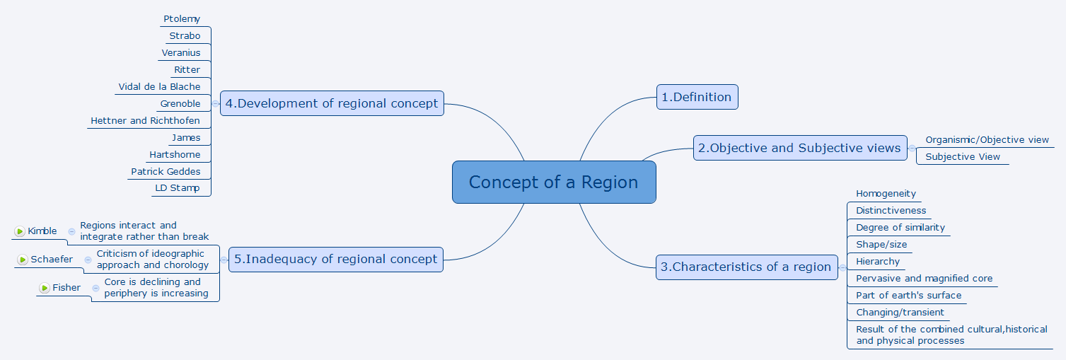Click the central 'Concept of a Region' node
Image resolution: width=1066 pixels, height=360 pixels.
coord(554,182)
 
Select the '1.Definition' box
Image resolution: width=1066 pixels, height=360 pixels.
coord(697,97)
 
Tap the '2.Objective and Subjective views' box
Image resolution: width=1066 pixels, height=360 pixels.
coord(800,148)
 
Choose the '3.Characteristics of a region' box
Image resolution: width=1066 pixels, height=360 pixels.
coord(747,267)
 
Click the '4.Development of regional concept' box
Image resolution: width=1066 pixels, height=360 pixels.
coord(332,103)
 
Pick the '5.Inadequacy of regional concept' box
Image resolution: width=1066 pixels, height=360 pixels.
coord(335,259)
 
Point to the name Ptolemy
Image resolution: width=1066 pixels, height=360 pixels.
coord(181,19)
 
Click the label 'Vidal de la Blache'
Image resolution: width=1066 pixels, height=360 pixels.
coord(159,86)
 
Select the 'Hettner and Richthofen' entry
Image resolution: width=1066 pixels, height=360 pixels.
coord(145,121)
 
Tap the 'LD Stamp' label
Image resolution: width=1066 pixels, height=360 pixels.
coord(177,188)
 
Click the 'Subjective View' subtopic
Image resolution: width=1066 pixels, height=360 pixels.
coord(962,157)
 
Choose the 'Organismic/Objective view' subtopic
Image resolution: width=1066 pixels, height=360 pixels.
coord(987,140)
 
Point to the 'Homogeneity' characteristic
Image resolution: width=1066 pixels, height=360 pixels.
coord(886,194)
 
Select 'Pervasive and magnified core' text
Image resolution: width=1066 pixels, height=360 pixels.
coord(925,279)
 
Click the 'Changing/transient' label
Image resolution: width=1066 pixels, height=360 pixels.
coord(900,313)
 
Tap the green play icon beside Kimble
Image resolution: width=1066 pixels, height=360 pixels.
coord(20,231)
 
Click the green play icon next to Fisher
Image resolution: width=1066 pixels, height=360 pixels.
coord(45,288)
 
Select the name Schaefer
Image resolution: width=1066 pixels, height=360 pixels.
coord(52,260)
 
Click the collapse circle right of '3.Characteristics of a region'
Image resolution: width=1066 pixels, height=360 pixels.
coord(842,268)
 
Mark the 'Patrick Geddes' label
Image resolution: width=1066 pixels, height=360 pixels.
coord(166,172)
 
